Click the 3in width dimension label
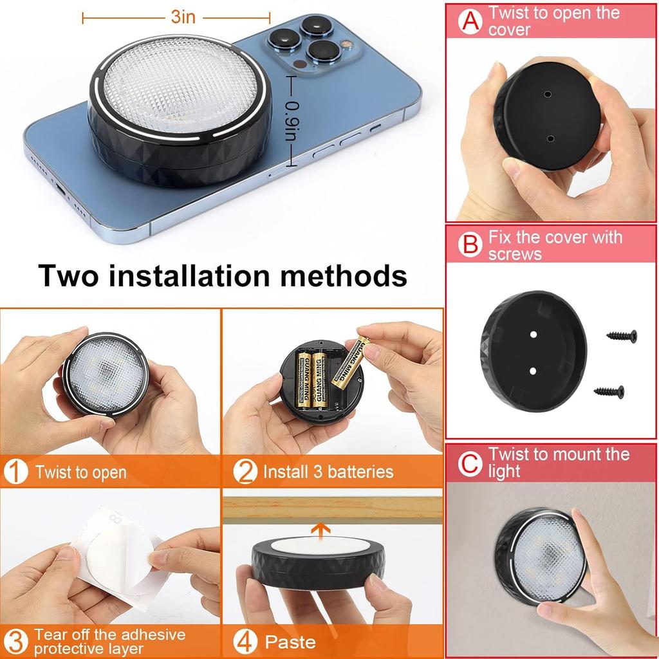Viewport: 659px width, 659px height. tap(183, 17)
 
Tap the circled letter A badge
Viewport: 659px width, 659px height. tap(470, 21)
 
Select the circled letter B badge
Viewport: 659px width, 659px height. tap(470, 245)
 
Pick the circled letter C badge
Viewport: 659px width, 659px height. tap(470, 463)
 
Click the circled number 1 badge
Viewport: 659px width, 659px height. tap(15, 472)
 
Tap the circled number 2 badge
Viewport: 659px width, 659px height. tap(245, 472)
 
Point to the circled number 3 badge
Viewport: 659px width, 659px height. tap(15, 642)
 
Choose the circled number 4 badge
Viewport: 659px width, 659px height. tap(245, 642)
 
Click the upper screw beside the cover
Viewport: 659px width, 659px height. tap(622, 335)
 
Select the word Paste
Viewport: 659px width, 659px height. tap(290, 642)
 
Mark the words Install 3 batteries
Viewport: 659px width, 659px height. tap(328, 472)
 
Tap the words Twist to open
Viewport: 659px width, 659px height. tap(81, 472)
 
